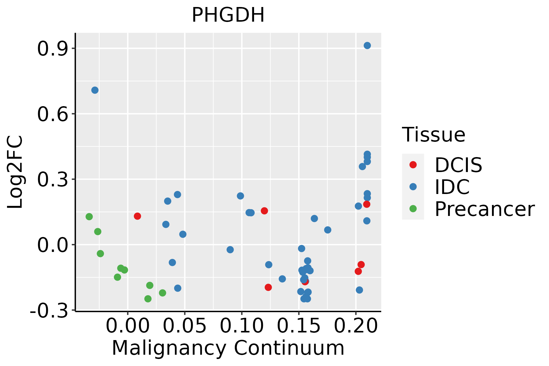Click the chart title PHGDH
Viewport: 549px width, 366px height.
228,15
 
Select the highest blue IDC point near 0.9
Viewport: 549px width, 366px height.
367,45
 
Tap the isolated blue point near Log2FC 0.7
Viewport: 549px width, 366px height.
95,90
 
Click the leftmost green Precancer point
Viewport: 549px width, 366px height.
89,217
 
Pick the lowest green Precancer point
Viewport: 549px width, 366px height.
148,299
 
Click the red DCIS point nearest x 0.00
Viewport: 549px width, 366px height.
137,216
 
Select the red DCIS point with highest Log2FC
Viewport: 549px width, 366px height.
367,204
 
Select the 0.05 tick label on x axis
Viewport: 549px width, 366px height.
185,326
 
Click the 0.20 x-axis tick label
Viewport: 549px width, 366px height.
356,326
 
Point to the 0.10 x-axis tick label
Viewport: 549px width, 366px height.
242,326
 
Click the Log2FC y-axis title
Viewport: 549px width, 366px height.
15,172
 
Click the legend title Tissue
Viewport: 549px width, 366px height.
433,135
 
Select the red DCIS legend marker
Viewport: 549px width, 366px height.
413,165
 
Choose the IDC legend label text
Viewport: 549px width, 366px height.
452,187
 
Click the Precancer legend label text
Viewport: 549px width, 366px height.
484,209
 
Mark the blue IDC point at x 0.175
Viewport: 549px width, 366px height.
328,230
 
